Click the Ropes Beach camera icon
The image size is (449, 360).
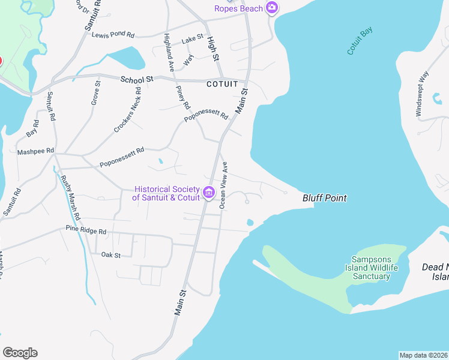click(272, 8)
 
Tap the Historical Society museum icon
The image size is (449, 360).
click(209, 193)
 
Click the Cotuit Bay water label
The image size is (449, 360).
click(360, 41)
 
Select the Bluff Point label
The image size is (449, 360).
click(325, 197)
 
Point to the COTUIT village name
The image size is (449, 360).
click(222, 84)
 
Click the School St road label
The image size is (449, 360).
click(137, 79)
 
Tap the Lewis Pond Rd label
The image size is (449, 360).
click(113, 35)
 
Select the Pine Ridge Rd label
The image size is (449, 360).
click(86, 230)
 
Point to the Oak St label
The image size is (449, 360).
click(111, 255)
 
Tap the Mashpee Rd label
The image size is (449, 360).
click(35, 152)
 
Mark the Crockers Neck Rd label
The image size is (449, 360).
click(127, 111)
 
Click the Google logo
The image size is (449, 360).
click(20, 353)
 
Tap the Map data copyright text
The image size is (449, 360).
click(424, 355)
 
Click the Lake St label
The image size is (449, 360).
click(193, 38)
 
